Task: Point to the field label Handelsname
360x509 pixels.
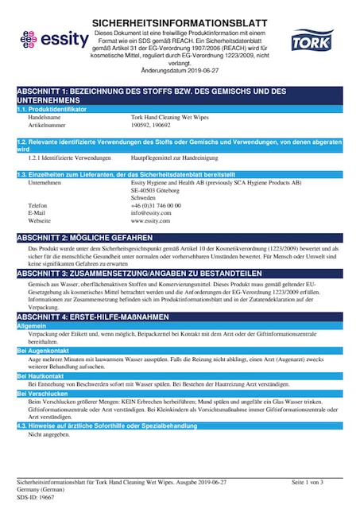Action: coord(45,117)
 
